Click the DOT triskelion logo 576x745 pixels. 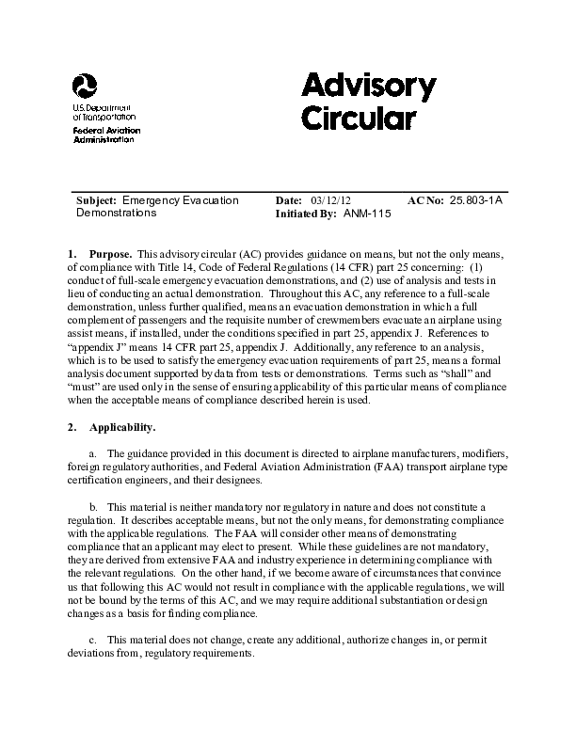click(84, 87)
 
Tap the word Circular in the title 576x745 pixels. click(358, 119)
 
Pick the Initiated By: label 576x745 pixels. click(306, 214)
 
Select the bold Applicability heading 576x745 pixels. click(122, 428)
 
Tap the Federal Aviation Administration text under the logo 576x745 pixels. click(104, 133)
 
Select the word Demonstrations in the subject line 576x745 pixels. click(116, 214)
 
